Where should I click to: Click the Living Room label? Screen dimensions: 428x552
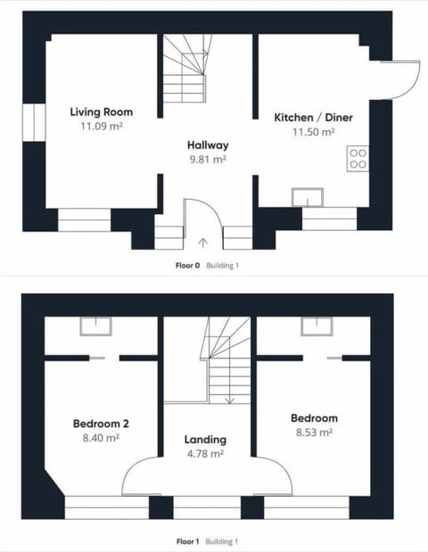102,112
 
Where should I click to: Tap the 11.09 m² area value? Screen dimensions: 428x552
102,126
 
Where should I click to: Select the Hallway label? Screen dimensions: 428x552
208,145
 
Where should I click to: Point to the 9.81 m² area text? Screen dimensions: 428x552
208,160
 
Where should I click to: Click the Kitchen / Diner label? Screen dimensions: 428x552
313,117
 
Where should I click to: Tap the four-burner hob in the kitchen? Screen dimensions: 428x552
358,159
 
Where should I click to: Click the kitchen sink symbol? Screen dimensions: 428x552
308,197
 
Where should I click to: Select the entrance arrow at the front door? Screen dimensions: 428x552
203,243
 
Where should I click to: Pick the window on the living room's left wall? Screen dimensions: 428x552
34,122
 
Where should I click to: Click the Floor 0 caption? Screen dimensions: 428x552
187,266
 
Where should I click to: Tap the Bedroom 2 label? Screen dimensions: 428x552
101,424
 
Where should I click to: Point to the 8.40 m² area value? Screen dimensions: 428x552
101,438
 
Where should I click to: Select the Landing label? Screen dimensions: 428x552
205,440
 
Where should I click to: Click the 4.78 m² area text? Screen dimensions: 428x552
205,454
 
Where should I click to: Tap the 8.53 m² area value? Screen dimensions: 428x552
314,433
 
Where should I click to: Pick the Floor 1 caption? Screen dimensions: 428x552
187,541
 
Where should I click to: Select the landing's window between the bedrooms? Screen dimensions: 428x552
207,507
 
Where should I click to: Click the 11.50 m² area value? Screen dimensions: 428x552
313,132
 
